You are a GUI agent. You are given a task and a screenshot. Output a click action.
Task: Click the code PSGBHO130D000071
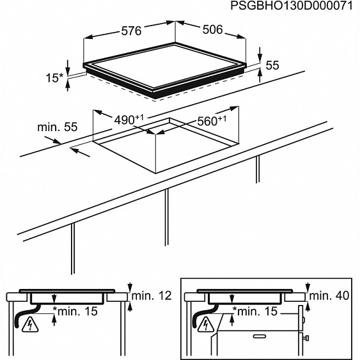pos(292,6)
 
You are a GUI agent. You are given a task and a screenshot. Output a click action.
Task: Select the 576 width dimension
pos(131,31)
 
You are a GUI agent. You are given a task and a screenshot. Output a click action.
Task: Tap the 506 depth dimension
pos(212,29)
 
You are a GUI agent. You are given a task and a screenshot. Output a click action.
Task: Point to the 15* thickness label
pos(54,78)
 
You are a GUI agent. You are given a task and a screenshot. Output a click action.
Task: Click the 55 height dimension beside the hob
pos(272,65)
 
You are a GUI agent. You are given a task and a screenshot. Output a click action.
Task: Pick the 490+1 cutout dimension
pos(129,120)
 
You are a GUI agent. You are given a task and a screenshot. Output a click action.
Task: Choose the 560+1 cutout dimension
pos(212,121)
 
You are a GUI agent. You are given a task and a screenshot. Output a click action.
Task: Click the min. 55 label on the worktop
pos(58,127)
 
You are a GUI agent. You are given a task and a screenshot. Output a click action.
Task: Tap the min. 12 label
pos(152,295)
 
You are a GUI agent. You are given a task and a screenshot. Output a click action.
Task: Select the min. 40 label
pos(329,295)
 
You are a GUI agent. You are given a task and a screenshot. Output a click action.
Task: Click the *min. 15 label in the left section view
pos(75,311)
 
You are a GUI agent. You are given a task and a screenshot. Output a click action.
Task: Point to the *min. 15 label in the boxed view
pos(255,311)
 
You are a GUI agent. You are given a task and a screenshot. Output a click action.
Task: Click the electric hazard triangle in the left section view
pos(30,325)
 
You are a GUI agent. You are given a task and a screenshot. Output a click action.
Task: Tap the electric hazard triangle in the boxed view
pos(206,325)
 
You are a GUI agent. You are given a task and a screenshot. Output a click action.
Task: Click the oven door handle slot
pos(260,336)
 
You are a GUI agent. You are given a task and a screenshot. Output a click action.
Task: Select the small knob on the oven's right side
pos(306,338)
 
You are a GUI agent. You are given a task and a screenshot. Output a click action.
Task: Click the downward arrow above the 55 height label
pos(260,54)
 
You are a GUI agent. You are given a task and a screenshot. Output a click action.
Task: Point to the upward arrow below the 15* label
pos(68,85)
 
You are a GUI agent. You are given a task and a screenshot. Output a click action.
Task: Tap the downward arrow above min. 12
pos(130,287)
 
